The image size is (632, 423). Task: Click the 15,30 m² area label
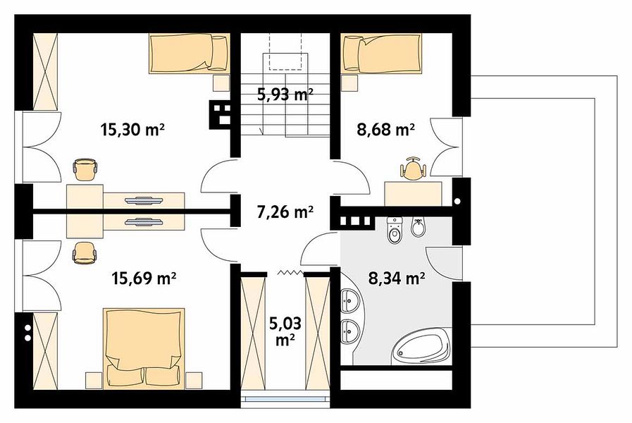tap(132, 130)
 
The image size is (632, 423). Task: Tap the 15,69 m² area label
tap(144, 278)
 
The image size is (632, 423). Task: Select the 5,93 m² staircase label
tap(285, 94)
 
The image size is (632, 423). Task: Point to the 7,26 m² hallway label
tap(285, 211)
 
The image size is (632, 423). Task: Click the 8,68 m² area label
tap(385, 130)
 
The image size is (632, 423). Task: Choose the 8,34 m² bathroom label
tap(397, 278)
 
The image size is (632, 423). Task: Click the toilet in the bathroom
tap(394, 231)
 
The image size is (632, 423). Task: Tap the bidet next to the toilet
tap(418, 228)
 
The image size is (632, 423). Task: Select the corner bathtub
tap(422, 347)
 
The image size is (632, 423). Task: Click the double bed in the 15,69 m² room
tap(144, 348)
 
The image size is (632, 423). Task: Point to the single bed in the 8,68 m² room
tap(381, 54)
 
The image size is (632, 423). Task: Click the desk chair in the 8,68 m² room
tap(412, 169)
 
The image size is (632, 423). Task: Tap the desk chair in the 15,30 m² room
tap(85, 169)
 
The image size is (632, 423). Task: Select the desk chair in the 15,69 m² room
tap(85, 253)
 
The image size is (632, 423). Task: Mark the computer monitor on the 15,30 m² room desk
tap(144, 200)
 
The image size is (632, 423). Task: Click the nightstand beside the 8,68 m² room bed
tap(349, 83)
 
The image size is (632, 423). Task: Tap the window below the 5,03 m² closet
tap(285, 398)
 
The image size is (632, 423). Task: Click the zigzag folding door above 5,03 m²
tap(290, 273)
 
